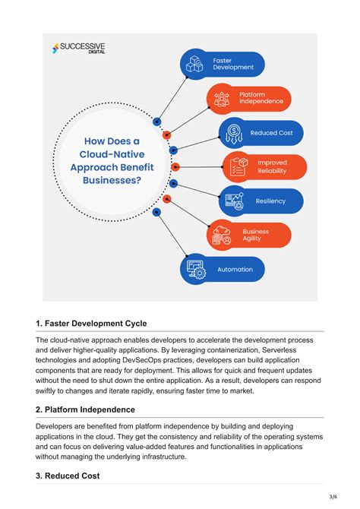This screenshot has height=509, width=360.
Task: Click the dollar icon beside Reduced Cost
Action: point(235,132)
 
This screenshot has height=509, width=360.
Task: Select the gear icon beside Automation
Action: point(194,270)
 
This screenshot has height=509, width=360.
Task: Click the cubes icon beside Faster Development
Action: point(194,65)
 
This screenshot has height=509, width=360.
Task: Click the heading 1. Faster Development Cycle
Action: point(91,323)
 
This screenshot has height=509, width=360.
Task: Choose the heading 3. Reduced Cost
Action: point(68,476)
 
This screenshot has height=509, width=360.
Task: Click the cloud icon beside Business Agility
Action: point(222,235)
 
